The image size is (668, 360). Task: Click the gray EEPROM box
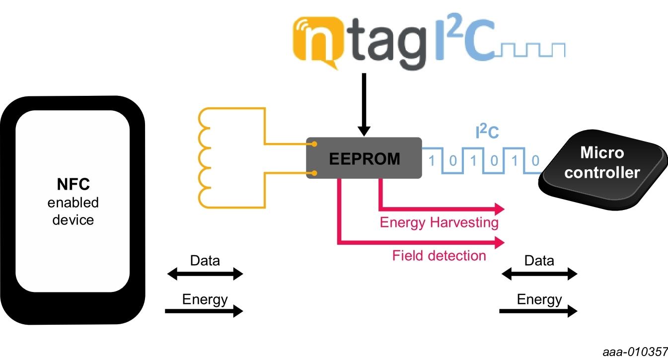364,158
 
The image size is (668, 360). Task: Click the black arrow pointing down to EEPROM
364,105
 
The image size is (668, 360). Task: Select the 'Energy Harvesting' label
439,222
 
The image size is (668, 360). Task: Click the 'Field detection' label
439,256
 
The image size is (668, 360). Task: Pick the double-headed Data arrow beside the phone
205,274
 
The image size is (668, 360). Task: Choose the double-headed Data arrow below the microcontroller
539,274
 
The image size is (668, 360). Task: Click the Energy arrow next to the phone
204,311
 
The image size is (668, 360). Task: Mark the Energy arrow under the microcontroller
539,311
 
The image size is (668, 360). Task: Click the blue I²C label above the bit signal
487,133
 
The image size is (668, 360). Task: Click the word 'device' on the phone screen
73,219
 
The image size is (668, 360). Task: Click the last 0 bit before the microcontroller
534,161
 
